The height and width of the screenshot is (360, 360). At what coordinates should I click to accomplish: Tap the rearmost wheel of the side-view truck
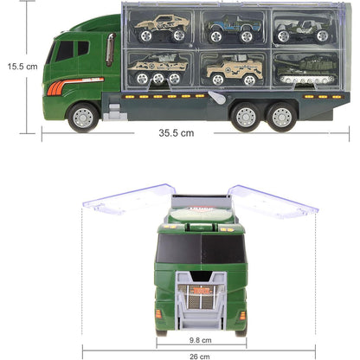pos(282,115)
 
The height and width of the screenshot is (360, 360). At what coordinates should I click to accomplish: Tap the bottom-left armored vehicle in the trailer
pos(157,69)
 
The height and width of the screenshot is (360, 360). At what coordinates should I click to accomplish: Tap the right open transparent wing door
pos(273,200)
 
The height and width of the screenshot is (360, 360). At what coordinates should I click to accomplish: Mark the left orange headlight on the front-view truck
pos(159,312)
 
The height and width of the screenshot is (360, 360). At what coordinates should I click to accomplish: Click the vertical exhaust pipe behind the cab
pos(110,48)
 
